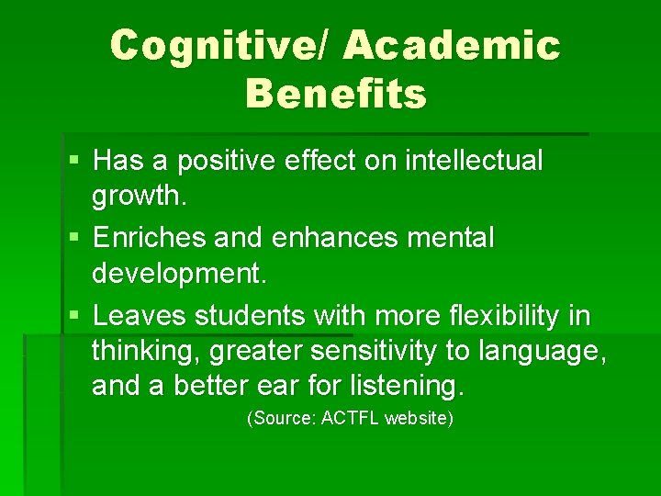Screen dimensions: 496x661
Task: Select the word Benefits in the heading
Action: pos(336,93)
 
